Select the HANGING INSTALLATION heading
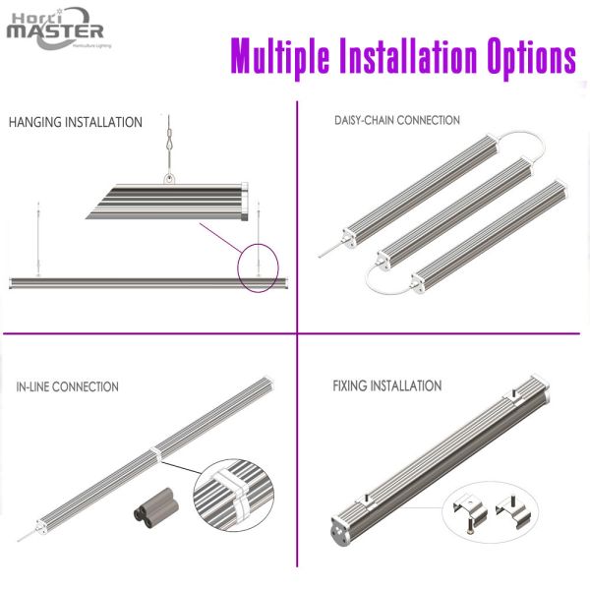tap(76, 123)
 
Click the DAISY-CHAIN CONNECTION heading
tap(396, 120)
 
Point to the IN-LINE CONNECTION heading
tap(68, 386)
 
